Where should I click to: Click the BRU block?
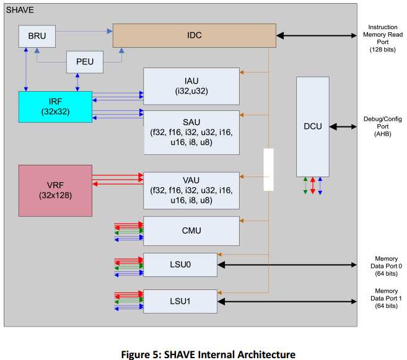pos(37,37)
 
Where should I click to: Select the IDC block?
pos(194,35)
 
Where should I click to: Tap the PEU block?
pos(84,61)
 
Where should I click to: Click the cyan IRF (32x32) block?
pos(55,107)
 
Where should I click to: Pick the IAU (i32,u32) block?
pos(191,86)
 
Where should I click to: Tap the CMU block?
pos(191,230)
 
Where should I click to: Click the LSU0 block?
pos(180,265)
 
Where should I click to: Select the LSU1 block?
pos(180,301)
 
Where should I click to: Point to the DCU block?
pos(312,126)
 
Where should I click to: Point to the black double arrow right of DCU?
pos(343,126)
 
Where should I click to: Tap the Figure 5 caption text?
pos(203,354)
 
